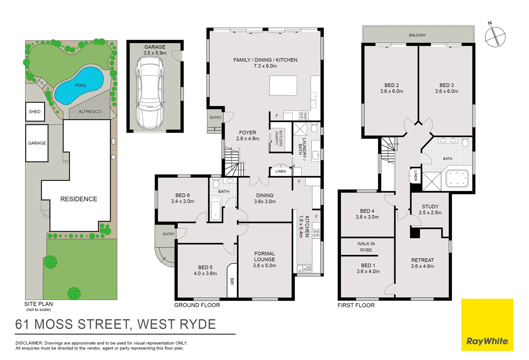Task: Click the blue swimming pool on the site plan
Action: pyautogui.click(x=79, y=85)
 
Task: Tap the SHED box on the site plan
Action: pyautogui.click(x=35, y=112)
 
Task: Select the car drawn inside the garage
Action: pyautogui.click(x=150, y=92)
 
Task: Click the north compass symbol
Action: pyautogui.click(x=495, y=36)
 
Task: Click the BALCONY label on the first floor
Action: pyautogui.click(x=417, y=35)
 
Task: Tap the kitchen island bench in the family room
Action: pyautogui.click(x=283, y=86)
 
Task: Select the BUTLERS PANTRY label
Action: pyautogui.click(x=279, y=138)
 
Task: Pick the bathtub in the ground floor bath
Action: pyautogui.click(x=216, y=209)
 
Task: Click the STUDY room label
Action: pyautogui.click(x=430, y=207)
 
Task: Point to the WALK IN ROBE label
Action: pyautogui.click(x=366, y=247)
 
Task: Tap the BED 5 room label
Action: pyautogui.click(x=205, y=267)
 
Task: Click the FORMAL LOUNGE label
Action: pyautogui.click(x=265, y=257)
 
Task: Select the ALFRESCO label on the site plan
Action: pyautogui.click(x=90, y=112)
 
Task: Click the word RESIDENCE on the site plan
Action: pyautogui.click(x=79, y=199)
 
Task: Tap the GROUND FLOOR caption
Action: pyautogui.click(x=197, y=305)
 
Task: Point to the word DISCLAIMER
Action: pyautogui.click(x=29, y=343)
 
